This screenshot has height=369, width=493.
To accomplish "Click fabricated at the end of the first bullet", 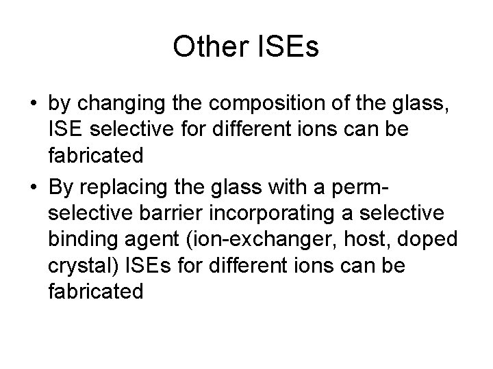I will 96,155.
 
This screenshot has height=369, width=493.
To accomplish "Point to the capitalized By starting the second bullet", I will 62,184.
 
